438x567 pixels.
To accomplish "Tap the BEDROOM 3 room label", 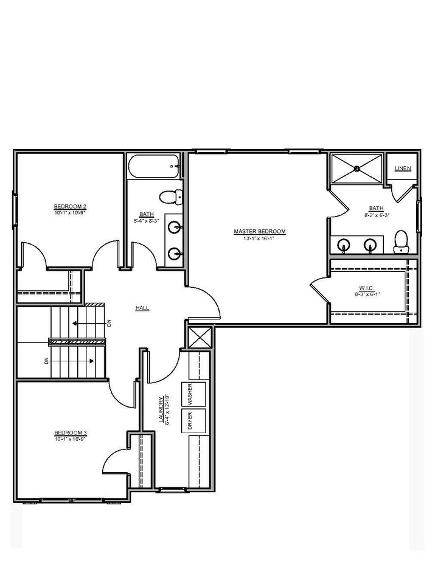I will (x=70, y=433).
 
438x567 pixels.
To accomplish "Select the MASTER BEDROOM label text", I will (x=260, y=231).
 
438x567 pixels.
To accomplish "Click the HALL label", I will (x=142, y=308).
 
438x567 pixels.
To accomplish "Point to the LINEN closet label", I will (x=403, y=169).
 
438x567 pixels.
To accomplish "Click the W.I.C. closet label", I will (x=367, y=288).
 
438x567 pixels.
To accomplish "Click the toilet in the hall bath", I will (x=169, y=197).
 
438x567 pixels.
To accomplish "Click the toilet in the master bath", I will (x=400, y=242).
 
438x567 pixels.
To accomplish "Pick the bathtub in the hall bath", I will (x=154, y=166).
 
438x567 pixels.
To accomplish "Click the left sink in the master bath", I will (x=344, y=245).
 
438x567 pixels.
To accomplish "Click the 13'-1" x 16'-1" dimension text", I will (x=260, y=238).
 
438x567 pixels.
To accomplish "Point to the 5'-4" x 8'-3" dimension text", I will (x=147, y=220).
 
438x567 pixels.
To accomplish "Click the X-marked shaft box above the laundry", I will (x=200, y=337).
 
